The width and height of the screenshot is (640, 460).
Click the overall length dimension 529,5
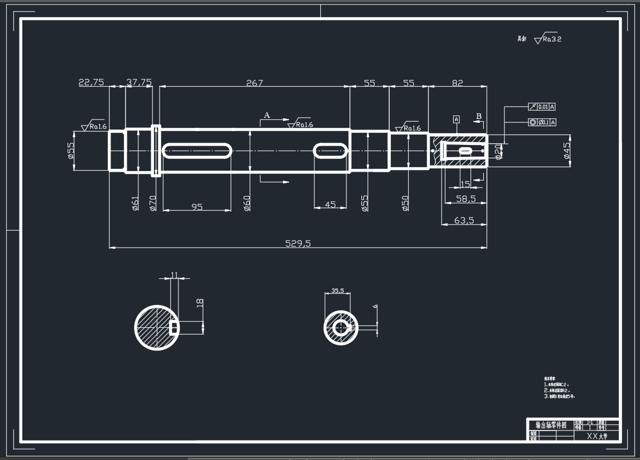point(297,243)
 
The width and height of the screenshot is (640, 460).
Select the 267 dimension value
point(254,83)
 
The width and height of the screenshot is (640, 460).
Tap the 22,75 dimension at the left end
point(91,82)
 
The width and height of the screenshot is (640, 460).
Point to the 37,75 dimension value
point(139,82)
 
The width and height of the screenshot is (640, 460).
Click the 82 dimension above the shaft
point(457,83)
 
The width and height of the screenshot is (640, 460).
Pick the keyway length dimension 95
point(197,207)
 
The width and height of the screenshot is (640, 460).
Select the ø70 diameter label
point(153,203)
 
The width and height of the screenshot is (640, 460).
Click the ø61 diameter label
point(135,203)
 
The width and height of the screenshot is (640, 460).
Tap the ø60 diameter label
point(247,203)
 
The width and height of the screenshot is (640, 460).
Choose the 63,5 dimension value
point(464,221)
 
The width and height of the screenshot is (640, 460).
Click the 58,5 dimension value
point(465,198)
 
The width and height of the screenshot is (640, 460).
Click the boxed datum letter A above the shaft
point(457,119)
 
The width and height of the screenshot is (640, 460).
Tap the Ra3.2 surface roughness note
point(547,39)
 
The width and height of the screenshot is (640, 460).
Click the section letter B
point(478,116)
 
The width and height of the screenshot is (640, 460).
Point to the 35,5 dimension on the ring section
point(338,290)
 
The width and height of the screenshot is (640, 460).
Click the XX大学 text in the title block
point(597,437)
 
